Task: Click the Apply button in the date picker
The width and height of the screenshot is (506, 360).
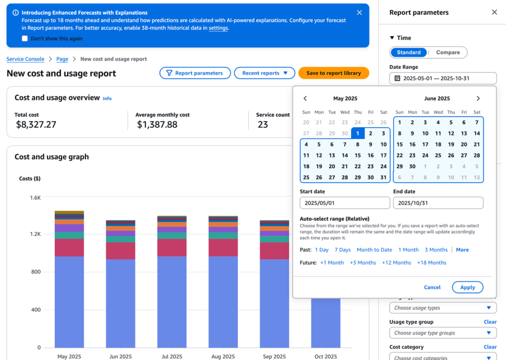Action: [x=467, y=287]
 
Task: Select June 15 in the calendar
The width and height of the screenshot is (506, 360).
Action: [x=400, y=144]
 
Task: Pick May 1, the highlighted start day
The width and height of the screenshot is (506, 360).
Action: [x=358, y=133]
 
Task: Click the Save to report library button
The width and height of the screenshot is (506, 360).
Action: [x=334, y=73]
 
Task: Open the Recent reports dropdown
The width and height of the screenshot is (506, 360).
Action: [x=264, y=73]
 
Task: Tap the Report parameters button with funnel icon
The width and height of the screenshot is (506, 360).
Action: [x=195, y=73]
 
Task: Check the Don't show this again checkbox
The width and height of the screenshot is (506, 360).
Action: [x=25, y=39]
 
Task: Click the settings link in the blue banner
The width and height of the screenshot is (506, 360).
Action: [x=218, y=28]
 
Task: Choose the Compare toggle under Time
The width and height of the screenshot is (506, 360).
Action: [x=448, y=52]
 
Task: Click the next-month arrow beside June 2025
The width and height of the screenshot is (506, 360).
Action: [x=478, y=98]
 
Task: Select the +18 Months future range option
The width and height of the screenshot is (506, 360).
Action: [x=431, y=263]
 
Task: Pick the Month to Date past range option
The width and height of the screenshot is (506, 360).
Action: [x=374, y=250]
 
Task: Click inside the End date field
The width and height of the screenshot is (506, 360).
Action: [x=438, y=203]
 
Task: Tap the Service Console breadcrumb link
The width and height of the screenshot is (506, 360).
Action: [x=25, y=59]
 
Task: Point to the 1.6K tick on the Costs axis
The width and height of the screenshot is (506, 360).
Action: [x=35, y=198]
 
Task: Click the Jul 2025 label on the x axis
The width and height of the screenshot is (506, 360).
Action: [x=171, y=357]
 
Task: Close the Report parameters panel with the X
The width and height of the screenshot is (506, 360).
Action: [x=494, y=12]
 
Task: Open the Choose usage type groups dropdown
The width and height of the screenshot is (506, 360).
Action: [x=443, y=333]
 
